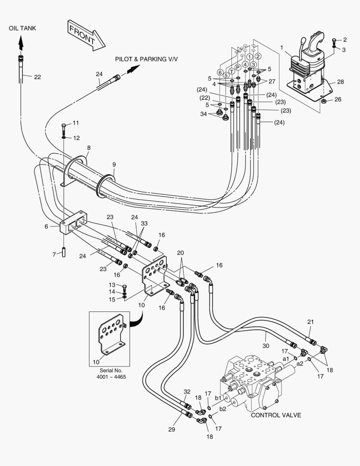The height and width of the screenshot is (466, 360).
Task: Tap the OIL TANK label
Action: tap(22, 28)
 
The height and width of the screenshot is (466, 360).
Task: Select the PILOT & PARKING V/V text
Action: tap(146, 59)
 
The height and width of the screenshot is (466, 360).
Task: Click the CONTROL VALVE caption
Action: tap(276, 415)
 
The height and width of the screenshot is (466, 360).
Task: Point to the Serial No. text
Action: tap(111, 370)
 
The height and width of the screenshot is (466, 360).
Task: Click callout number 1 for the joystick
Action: tap(282, 47)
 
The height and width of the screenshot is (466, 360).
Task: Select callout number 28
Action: tap(340, 82)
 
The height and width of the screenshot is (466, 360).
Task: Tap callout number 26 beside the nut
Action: tap(338, 99)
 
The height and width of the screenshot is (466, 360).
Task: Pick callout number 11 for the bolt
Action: tap(75, 123)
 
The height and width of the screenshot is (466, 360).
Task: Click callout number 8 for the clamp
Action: tap(89, 148)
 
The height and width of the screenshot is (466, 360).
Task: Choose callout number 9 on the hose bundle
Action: tap(114, 164)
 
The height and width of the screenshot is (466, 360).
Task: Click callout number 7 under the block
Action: tap(54, 255)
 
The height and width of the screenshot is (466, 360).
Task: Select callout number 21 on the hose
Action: tap(311, 322)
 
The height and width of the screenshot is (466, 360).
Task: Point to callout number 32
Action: tap(187, 392)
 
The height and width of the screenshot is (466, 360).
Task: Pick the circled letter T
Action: tap(232, 71)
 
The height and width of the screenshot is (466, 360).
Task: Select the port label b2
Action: tap(223, 408)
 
